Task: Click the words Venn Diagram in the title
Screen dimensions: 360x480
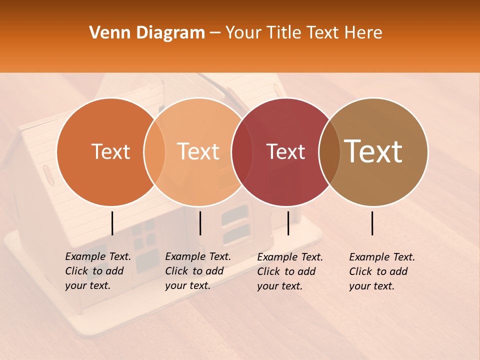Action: tap(147, 33)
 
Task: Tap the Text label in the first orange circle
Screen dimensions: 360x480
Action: tap(110, 151)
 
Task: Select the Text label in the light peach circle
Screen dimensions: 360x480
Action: tap(198, 151)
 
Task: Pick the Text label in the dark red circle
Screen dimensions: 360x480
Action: tap(285, 151)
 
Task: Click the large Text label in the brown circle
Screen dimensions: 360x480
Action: tap(373, 151)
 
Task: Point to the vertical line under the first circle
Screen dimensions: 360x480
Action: tap(112, 223)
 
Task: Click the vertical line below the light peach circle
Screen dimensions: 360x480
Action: tap(200, 223)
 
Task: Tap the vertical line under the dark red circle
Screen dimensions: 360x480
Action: tap(288, 223)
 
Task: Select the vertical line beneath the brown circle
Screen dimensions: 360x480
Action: tap(372, 223)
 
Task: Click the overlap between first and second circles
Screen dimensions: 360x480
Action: tap(154, 151)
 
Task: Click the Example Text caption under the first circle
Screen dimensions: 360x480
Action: tap(98, 271)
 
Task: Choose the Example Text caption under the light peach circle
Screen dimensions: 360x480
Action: tap(198, 271)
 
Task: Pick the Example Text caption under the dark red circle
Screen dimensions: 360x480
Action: tap(290, 271)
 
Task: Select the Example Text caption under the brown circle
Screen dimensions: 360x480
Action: tap(382, 271)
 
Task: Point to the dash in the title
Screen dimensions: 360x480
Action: tap(215, 33)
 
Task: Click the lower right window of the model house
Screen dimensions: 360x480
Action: tap(236, 233)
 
